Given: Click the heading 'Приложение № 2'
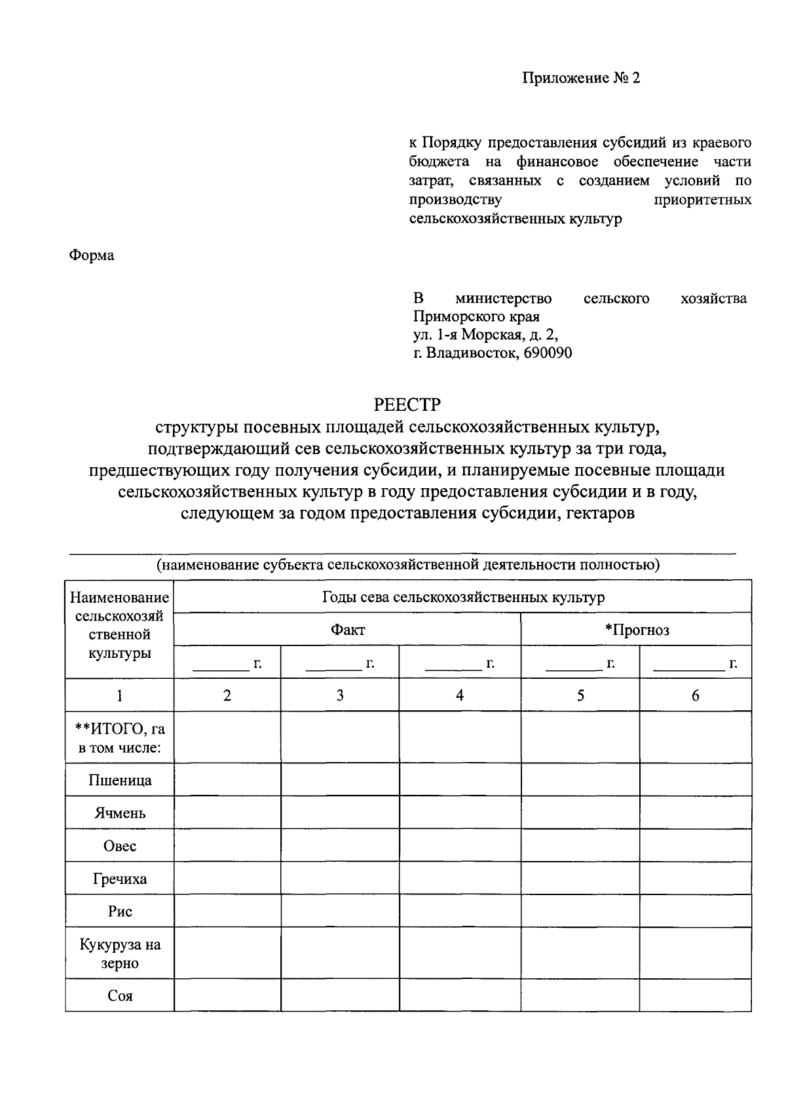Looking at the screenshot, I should click(580, 79).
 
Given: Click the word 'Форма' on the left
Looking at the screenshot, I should click(92, 256).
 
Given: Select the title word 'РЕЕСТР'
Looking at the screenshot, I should click(407, 404).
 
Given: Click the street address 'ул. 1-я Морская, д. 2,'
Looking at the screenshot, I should click(485, 335).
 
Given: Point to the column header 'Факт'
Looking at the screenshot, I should click(347, 630).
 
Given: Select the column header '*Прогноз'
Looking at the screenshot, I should click(637, 630).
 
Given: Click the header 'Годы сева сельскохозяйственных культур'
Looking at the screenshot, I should click(463, 597).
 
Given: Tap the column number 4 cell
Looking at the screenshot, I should click(460, 695).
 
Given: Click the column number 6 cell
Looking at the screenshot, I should click(695, 695).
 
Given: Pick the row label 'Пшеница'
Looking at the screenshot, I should click(120, 780).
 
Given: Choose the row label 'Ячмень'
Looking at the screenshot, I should click(120, 813).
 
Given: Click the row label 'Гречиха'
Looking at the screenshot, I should click(120, 879).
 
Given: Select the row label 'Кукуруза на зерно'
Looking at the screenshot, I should click(120, 954).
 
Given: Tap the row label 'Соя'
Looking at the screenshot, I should click(120, 996).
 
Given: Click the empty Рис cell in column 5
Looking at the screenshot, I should click(580, 911).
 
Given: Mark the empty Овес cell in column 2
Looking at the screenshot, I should click(227, 845).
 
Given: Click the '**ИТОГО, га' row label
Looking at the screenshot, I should click(120, 729).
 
